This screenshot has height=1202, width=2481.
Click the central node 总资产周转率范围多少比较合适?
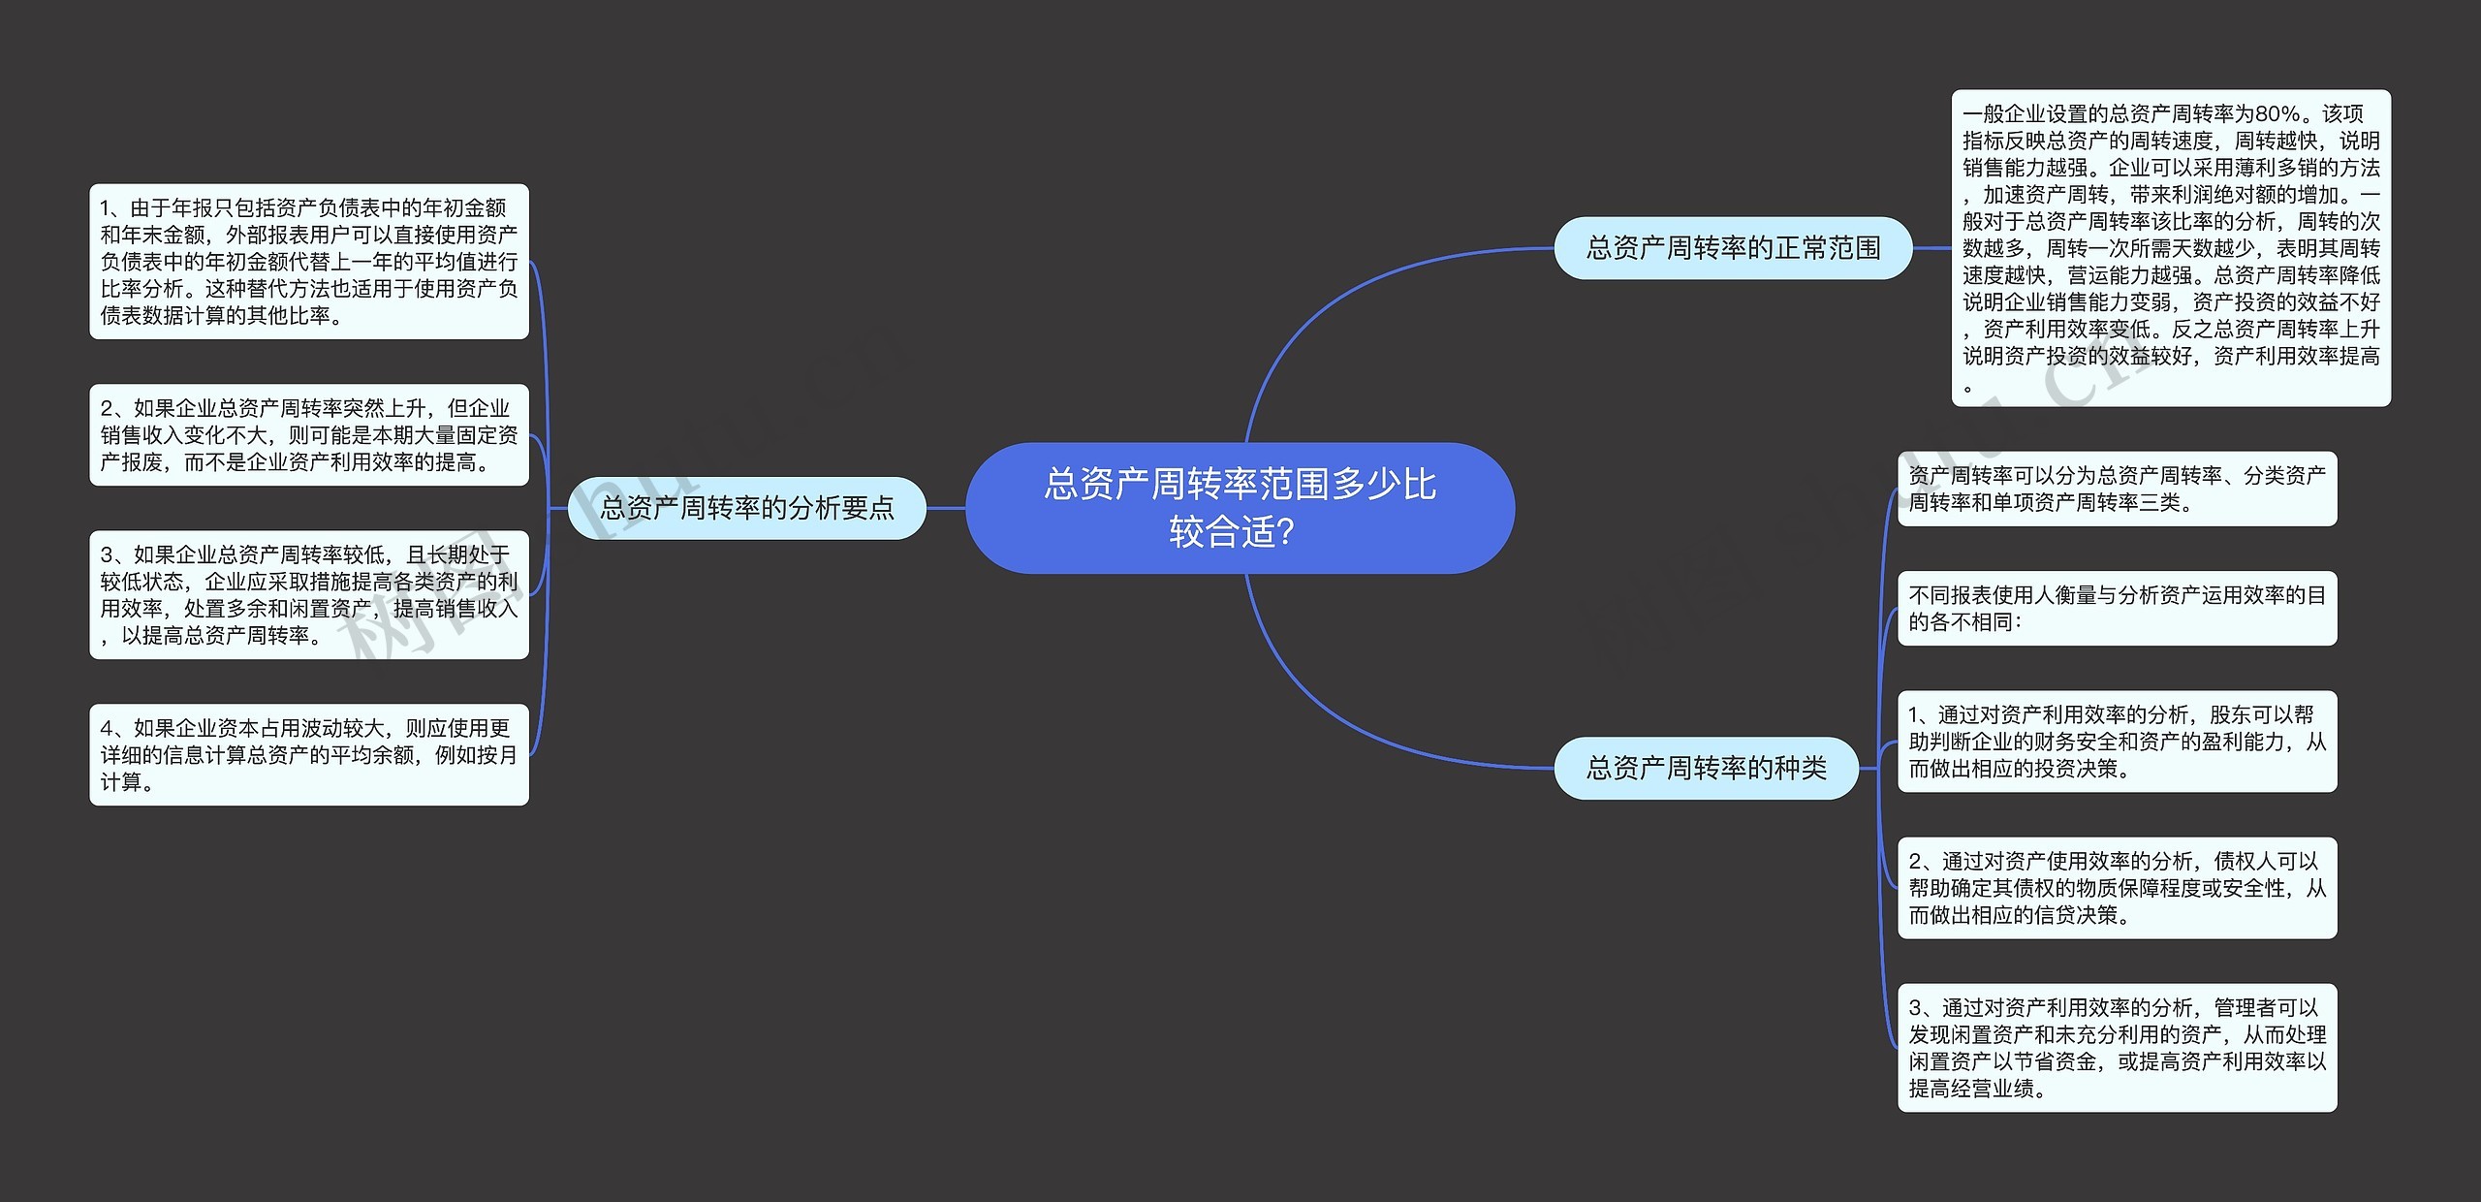click(x=1240, y=507)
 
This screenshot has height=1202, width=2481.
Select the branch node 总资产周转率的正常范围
click(x=1732, y=248)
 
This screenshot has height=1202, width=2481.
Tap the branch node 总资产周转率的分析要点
click(x=746, y=507)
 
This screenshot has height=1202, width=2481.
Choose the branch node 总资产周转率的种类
click(x=1706, y=768)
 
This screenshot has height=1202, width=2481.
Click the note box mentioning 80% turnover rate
click(x=2170, y=248)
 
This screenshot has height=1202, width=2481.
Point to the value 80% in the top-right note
click(x=2277, y=114)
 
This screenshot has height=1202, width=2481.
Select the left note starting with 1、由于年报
click(x=308, y=262)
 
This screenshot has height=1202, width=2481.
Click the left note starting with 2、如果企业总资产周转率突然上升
click(x=308, y=435)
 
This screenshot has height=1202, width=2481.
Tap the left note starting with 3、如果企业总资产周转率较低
click(x=308, y=594)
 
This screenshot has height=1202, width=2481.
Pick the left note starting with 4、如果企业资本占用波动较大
click(x=308, y=754)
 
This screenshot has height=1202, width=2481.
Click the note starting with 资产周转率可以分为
click(x=2117, y=489)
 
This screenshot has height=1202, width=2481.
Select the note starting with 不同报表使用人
click(x=2117, y=608)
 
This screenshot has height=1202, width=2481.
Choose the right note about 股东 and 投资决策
click(x=2117, y=742)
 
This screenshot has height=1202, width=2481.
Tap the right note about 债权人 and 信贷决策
click(x=2117, y=888)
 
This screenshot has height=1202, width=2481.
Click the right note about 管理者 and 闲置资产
click(x=2117, y=1048)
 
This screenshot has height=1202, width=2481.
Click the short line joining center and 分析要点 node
click(x=946, y=507)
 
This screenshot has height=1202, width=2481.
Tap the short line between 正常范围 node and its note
click(x=1931, y=248)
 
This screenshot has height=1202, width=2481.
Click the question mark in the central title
click(x=1286, y=532)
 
